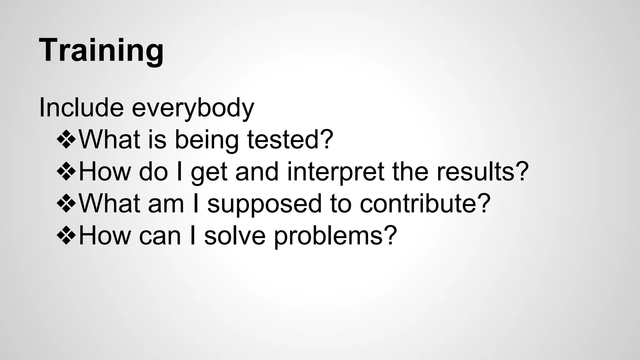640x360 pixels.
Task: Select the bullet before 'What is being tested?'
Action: point(66,139)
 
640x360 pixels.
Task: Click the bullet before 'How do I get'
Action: point(66,172)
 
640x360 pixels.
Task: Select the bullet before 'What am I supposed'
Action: point(66,204)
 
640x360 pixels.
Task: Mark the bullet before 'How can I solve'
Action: point(66,236)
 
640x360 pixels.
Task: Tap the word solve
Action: point(235,236)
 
